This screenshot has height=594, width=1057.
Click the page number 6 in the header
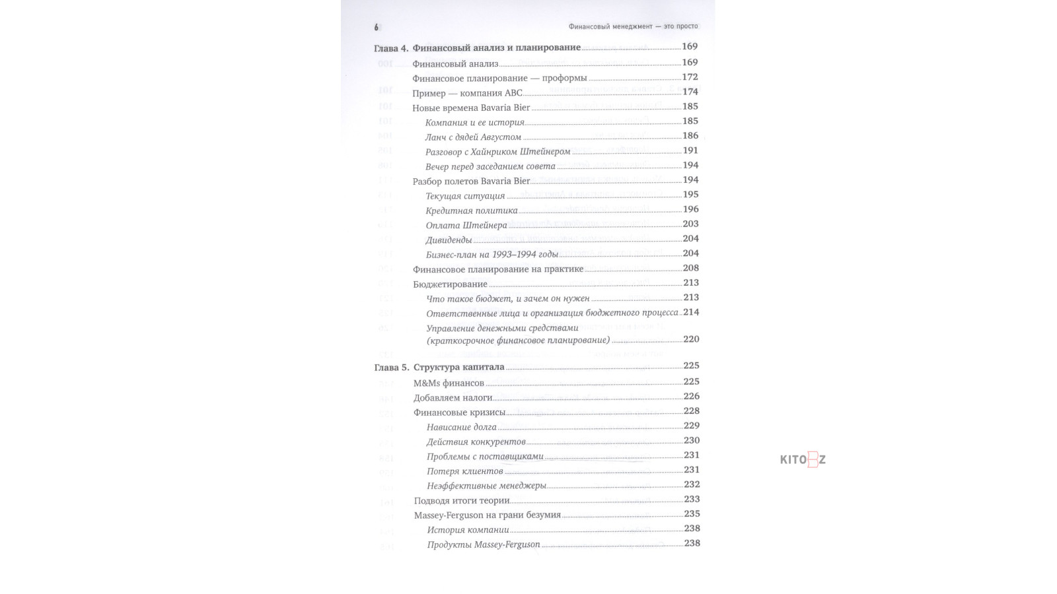click(377, 28)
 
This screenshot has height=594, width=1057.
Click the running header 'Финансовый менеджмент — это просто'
click(633, 26)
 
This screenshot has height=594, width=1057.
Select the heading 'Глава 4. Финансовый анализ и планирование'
click(477, 48)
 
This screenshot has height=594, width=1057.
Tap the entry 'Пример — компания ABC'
click(467, 93)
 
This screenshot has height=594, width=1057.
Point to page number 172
click(690, 77)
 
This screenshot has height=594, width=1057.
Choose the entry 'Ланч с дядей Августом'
click(473, 137)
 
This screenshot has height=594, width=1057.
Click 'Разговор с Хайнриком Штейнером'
click(497, 152)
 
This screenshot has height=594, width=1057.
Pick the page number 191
click(690, 150)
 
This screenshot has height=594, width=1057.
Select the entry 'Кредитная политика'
click(472, 211)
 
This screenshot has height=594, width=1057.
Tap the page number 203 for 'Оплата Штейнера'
click(690, 224)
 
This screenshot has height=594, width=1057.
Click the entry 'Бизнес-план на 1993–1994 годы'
click(492, 254)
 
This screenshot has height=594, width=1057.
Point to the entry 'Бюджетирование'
click(450, 284)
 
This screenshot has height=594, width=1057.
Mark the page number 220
click(690, 339)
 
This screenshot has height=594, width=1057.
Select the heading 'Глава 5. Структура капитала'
click(439, 367)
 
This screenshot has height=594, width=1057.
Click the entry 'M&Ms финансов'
click(449, 383)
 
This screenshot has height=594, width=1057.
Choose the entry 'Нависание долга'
click(461, 427)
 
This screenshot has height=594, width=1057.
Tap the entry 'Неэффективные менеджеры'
click(486, 486)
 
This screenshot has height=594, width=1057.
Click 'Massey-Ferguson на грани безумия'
click(487, 515)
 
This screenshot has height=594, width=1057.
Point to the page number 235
click(691, 513)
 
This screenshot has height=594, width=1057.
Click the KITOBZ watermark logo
click(803, 460)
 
